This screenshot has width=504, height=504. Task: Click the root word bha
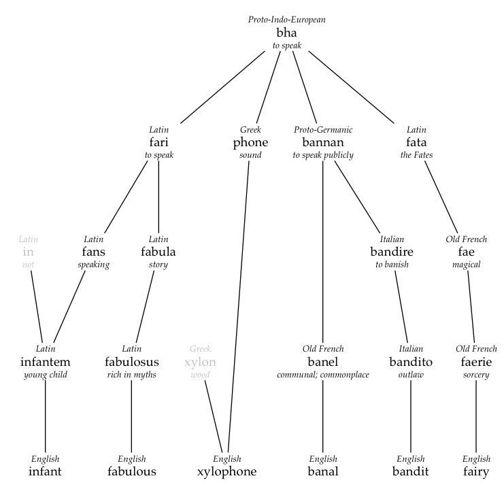click(286, 33)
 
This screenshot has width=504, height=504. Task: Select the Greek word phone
click(250, 142)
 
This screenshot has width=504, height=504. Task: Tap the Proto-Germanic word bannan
click(323, 142)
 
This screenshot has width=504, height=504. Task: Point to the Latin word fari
click(158, 141)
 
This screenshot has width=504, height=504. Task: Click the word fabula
click(158, 252)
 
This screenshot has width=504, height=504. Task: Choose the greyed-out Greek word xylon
click(200, 363)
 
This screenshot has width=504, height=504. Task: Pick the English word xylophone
click(227, 472)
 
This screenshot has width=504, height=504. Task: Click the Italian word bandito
click(411, 362)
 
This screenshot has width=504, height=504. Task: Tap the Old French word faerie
click(476, 362)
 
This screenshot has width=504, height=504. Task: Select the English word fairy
click(476, 472)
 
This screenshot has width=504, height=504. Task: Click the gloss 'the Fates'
click(416, 155)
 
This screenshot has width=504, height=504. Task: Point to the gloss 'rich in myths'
click(132, 375)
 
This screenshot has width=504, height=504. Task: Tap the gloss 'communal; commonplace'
click(323, 375)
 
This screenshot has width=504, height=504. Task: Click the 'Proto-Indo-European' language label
click(287, 20)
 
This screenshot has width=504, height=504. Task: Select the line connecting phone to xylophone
click(238, 307)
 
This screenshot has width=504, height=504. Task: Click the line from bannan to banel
click(322, 252)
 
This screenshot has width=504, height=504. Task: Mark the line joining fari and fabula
click(158, 197)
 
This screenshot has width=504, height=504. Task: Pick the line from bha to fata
click(351, 87)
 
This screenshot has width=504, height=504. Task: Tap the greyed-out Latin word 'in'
click(29, 252)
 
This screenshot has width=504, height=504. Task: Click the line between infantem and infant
click(45, 416)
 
